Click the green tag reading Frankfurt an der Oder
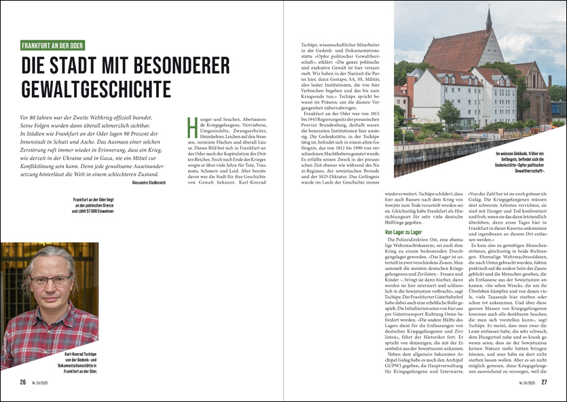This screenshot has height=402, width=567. (x=52, y=46)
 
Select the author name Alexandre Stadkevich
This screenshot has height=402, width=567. (x=149, y=182)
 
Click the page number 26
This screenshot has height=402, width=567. (x=23, y=382)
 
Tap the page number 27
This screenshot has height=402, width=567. (x=544, y=382)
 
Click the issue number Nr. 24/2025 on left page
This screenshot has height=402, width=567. (x=39, y=383)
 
